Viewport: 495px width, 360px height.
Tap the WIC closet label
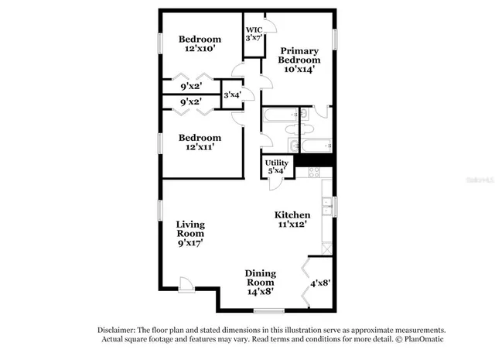[x=254, y=30]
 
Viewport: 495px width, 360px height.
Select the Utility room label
[x=277, y=163]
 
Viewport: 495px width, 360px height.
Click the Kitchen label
[x=293, y=214]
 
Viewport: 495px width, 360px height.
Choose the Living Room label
[x=189, y=229]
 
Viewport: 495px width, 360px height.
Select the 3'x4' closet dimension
[x=232, y=95]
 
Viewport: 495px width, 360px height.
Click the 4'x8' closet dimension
[x=320, y=283]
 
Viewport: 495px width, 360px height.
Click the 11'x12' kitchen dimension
[x=293, y=225]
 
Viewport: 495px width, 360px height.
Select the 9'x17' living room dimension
[x=189, y=242]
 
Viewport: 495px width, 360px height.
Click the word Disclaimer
[x=121, y=329]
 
